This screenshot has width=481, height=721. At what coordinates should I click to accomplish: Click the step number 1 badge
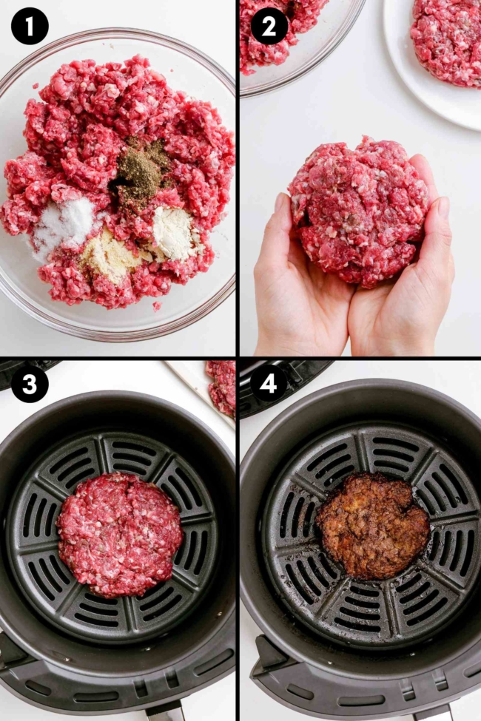pos(30,27)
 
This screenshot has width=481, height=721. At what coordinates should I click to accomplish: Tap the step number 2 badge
pos(269,27)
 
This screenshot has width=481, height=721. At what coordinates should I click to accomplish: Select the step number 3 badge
pos(30,385)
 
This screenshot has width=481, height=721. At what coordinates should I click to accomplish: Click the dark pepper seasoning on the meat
pos(142,169)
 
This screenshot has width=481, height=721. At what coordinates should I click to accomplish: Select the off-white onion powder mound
pos(173,233)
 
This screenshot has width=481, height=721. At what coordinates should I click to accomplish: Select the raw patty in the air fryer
pos(120,533)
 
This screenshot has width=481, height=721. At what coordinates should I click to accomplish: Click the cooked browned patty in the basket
pos(372,524)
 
